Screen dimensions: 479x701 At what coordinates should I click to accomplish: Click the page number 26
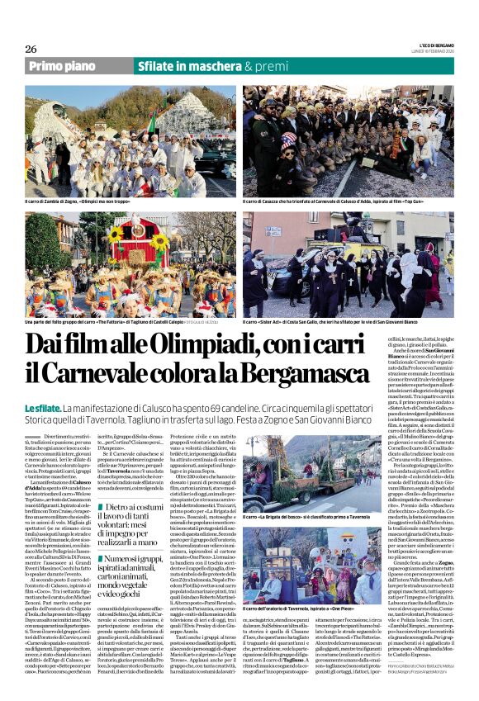pyautogui.click(x=31, y=50)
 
